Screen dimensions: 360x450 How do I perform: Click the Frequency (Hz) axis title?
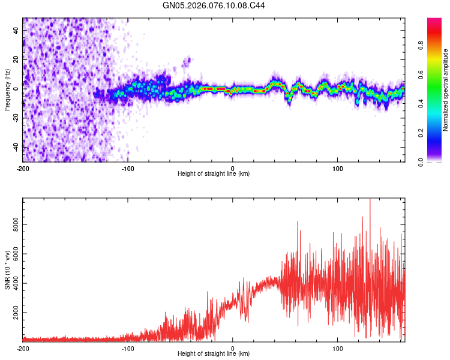click(7, 90)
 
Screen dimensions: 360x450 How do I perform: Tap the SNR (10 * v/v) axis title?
click(7, 269)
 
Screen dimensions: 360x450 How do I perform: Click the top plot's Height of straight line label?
click(214, 173)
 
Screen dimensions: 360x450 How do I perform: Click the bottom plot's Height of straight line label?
click(214, 353)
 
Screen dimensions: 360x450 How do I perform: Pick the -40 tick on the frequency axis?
click(17, 147)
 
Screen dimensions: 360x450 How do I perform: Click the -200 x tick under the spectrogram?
click(23, 169)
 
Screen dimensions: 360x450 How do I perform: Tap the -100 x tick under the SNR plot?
click(128, 349)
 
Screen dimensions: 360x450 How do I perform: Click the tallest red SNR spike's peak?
click(370, 199)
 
